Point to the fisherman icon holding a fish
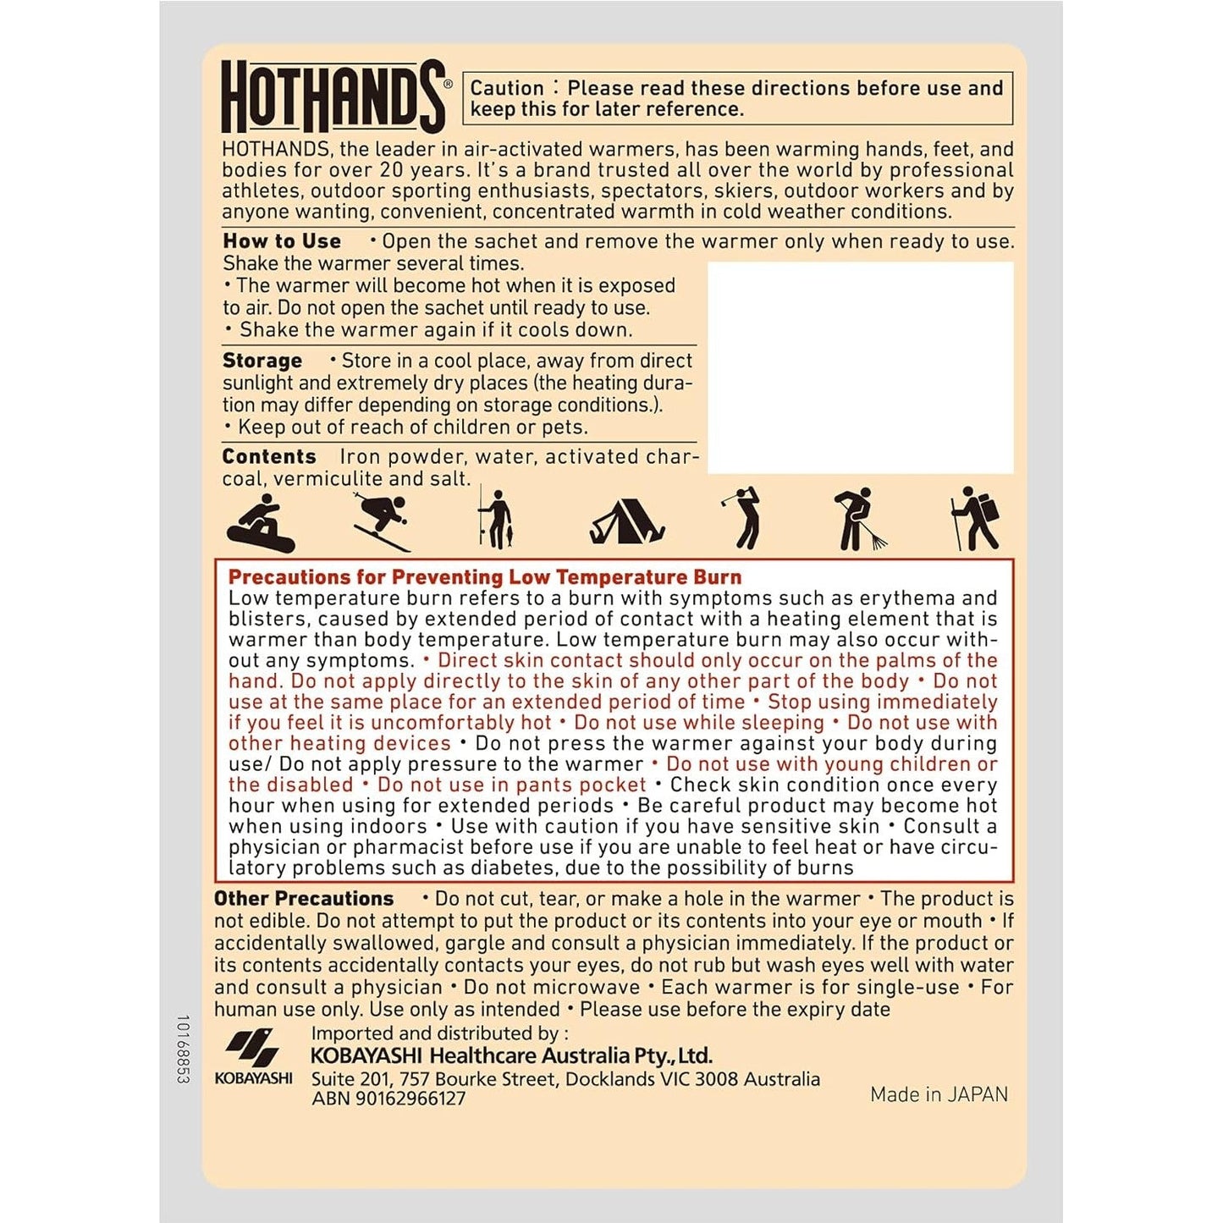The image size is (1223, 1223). coord(497,519)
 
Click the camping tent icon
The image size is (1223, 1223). coord(627,521)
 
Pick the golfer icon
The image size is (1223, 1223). coord(745,518)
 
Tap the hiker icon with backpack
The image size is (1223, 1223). coord(976,518)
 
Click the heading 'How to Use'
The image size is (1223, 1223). coord(282,241)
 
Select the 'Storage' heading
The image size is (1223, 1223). coord(262,361)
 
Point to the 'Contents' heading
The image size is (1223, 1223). coord(269,457)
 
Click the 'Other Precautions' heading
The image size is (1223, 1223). coord(304,899)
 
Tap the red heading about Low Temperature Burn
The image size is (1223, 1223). coord(485,577)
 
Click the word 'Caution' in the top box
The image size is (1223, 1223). coord(507,88)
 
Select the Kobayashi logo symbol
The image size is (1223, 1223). coord(252,1049)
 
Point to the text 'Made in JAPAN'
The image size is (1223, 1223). coord(939,1094)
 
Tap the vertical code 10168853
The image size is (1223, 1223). coord(184,1049)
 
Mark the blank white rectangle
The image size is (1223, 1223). coord(860,367)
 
